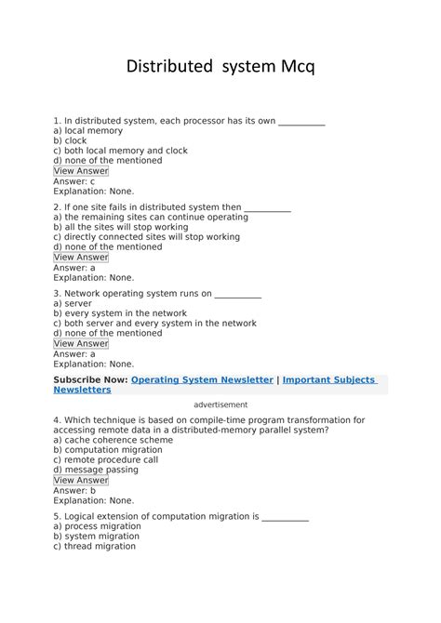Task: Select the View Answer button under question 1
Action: pyautogui.click(x=81, y=171)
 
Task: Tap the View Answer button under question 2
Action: pyautogui.click(x=81, y=258)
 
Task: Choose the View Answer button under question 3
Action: pyautogui.click(x=81, y=343)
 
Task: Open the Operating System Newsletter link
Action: pyautogui.click(x=202, y=380)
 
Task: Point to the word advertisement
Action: pyautogui.click(x=220, y=405)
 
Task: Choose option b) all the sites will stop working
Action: pyautogui.click(x=120, y=227)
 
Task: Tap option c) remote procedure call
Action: pyautogui.click(x=105, y=459)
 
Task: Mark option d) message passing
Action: pyautogui.click(x=96, y=470)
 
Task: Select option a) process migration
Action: pyautogui.click(x=97, y=526)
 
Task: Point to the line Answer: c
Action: pyautogui.click(x=74, y=181)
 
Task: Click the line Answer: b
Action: pyautogui.click(x=74, y=490)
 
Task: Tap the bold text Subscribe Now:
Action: pyautogui.click(x=90, y=380)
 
